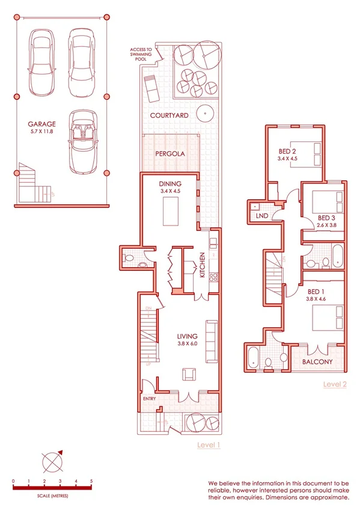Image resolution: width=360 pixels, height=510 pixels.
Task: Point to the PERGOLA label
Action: [x=169, y=154]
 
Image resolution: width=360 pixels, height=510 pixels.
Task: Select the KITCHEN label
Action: [x=203, y=265]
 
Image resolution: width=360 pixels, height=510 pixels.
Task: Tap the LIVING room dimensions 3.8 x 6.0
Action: [x=189, y=345]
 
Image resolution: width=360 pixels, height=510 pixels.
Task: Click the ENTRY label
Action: [x=149, y=399]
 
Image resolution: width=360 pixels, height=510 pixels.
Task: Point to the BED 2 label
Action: [x=287, y=152]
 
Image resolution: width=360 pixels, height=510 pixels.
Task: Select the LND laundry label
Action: [x=262, y=215]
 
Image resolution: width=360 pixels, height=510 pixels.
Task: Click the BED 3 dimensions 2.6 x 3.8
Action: [x=326, y=226]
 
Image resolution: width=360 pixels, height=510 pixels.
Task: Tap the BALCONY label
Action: [x=317, y=363]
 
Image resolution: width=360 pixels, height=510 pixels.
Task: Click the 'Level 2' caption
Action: [x=335, y=384]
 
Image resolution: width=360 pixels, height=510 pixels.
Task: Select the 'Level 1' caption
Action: [x=209, y=445]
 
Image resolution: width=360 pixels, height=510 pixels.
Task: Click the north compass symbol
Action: [x=52, y=462]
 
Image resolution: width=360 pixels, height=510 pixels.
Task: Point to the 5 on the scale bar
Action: [x=91, y=481]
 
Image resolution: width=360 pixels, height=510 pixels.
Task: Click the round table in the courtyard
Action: [x=206, y=113]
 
